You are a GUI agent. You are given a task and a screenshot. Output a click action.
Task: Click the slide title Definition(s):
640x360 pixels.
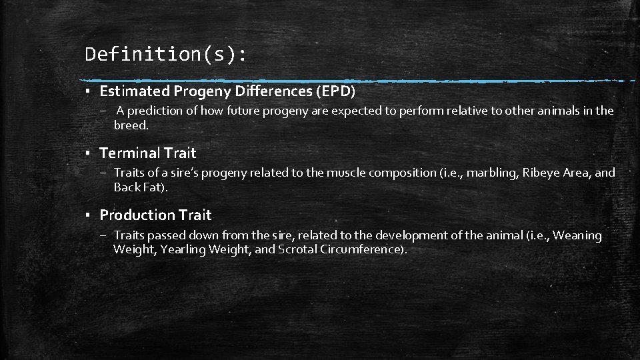165,54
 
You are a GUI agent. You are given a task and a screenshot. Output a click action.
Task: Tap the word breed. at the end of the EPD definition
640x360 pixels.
131,125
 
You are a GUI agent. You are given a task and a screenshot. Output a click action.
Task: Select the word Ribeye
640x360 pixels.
542,173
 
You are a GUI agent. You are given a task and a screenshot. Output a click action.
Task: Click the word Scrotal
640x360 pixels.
297,249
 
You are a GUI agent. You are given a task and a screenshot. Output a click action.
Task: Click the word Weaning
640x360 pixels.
577,235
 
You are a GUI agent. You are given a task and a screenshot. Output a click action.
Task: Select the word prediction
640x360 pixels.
157,111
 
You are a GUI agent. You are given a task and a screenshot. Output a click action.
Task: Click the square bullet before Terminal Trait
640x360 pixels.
88,153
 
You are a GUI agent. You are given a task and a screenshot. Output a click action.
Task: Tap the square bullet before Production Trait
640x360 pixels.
88,215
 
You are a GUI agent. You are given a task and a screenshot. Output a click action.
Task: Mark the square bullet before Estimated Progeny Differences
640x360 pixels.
88,91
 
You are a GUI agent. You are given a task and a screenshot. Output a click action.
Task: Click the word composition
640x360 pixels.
403,173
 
